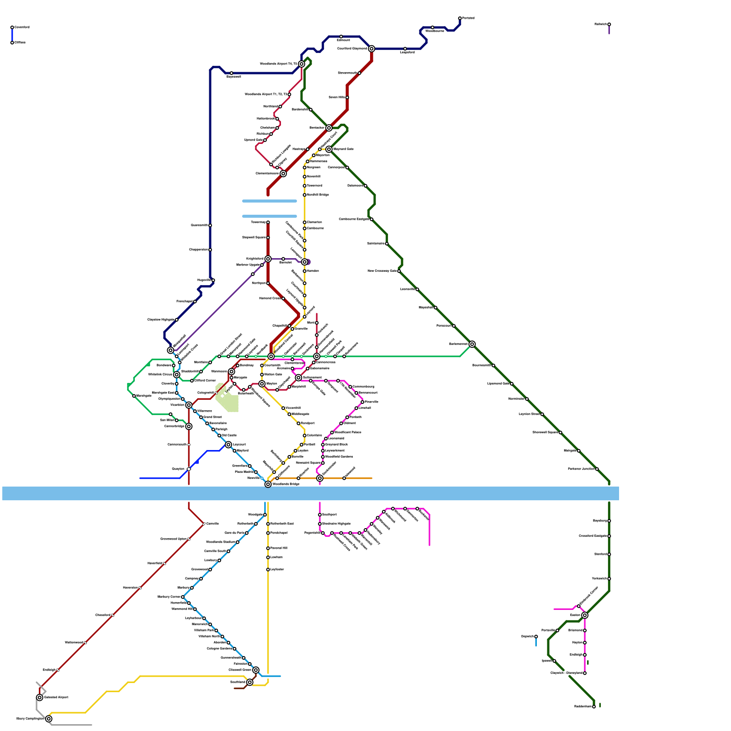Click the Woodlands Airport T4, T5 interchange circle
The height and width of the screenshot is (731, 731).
(302, 64)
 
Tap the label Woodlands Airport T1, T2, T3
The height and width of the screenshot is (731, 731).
(266, 95)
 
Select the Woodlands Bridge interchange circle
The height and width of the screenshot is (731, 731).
(268, 484)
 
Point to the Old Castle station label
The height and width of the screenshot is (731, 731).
(229, 435)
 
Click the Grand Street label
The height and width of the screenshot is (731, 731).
(212, 417)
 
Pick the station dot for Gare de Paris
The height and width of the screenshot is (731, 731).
(247, 533)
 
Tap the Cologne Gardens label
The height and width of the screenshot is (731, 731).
(220, 649)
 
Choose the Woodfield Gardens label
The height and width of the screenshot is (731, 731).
(339, 457)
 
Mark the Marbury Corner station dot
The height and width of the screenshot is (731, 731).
(183, 597)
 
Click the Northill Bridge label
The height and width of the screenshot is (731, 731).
(318, 195)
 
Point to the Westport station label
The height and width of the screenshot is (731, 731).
(307, 424)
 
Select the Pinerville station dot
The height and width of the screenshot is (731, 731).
(362, 402)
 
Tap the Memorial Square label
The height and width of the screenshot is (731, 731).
(309, 463)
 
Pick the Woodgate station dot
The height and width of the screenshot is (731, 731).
(265, 515)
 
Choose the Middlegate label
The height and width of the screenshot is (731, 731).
(300, 414)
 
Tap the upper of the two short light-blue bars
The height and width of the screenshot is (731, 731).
(270, 201)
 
